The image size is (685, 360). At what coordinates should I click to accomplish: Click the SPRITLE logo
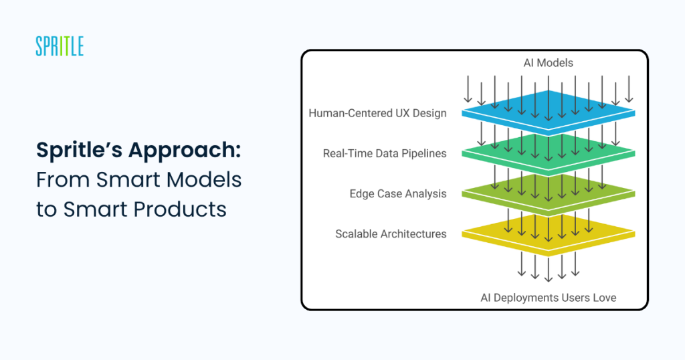tap(60, 46)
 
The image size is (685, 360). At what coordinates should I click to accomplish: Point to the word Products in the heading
tap(180, 209)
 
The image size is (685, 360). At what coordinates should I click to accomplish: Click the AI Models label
tap(549, 63)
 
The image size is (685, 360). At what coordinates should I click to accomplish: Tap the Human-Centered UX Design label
tap(377, 113)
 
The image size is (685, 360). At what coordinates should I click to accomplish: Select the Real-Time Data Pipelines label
tap(385, 153)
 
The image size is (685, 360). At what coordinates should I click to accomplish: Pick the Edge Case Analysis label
tap(398, 193)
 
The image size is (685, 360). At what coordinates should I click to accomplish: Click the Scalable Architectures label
tap(391, 234)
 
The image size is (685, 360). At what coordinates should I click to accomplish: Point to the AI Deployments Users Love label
tap(549, 298)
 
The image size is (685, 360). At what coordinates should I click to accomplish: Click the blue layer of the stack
tap(549, 111)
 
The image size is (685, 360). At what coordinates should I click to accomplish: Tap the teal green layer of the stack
tap(549, 153)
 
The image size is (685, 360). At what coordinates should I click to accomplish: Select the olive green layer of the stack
tap(549, 193)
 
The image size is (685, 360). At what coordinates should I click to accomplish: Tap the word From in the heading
tap(64, 179)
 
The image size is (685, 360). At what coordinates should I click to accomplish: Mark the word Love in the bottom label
tap(604, 298)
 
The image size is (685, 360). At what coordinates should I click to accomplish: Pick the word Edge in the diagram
tap(359, 194)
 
